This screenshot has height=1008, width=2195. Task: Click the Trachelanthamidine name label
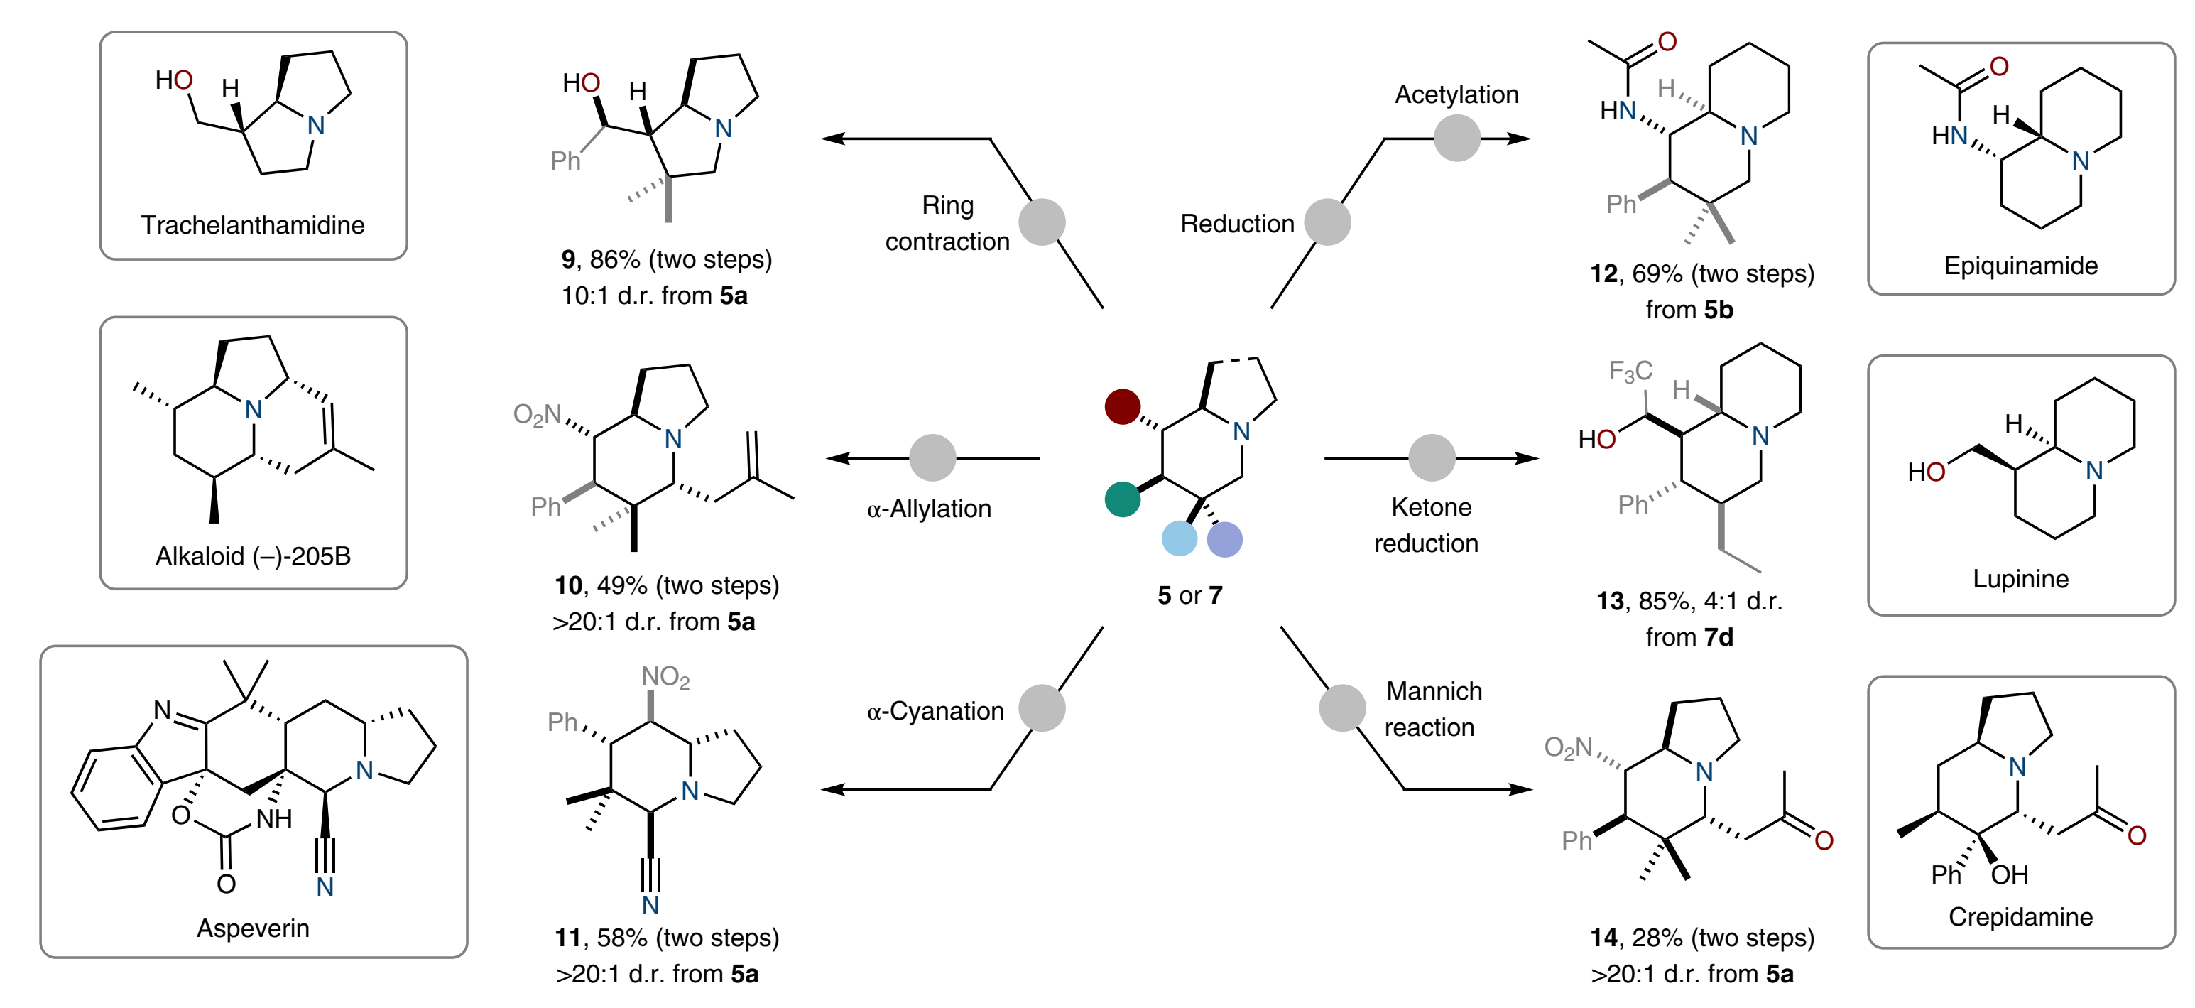tap(252, 225)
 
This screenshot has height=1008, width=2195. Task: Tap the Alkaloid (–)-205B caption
tap(252, 556)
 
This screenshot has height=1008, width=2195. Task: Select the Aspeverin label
tap(252, 928)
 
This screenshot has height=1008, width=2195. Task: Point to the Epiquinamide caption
tap(2020, 266)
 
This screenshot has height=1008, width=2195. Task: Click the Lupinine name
tap(2020, 580)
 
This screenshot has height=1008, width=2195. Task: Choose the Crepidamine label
tap(2020, 917)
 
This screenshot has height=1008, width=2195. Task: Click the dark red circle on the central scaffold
tap(1122, 406)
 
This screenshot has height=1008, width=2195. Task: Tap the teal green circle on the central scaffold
tap(1122, 499)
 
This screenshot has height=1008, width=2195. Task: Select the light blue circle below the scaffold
tap(1180, 538)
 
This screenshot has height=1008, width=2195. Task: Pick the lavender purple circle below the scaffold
tap(1224, 539)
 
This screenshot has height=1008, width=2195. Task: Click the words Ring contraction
tap(947, 223)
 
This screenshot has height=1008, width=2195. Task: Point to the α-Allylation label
tap(929, 509)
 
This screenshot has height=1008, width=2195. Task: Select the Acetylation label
tap(1456, 94)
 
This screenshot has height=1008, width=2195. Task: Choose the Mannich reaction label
tap(1432, 709)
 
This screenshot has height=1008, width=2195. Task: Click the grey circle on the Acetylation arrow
tap(1456, 138)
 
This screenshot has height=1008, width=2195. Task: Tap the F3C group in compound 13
tap(1629, 372)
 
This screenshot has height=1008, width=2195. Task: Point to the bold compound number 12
tap(1603, 273)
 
